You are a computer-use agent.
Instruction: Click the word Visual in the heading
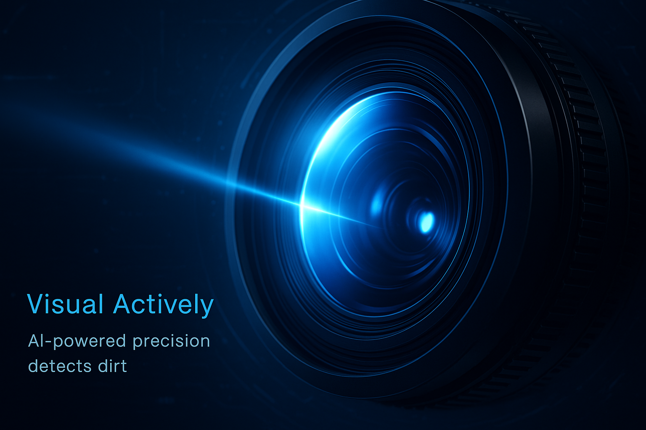pyautogui.click(x=65, y=304)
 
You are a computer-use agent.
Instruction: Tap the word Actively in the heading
pyautogui.click(x=163, y=306)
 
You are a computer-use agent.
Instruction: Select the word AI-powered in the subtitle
pyautogui.click(x=77, y=341)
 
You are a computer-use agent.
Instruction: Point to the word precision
pyautogui.click(x=171, y=341)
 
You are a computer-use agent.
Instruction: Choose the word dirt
pyautogui.click(x=112, y=366)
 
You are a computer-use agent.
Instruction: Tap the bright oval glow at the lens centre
pyautogui.click(x=426, y=222)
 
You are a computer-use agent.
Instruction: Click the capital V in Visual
pyautogui.click(x=37, y=304)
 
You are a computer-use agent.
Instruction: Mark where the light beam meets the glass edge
pyautogui.click(x=301, y=205)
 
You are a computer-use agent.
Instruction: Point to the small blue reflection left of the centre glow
pyautogui.click(x=377, y=204)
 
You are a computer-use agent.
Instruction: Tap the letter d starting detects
pyautogui.click(x=34, y=366)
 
